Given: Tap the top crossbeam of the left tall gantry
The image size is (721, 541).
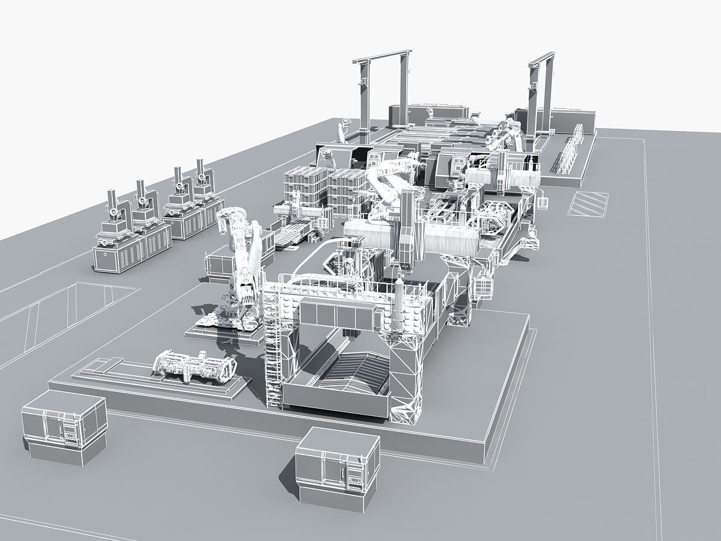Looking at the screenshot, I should tap(381, 58).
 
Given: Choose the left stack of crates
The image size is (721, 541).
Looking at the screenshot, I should tap(305, 189).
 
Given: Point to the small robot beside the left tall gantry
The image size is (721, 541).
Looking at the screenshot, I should tap(344, 129).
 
